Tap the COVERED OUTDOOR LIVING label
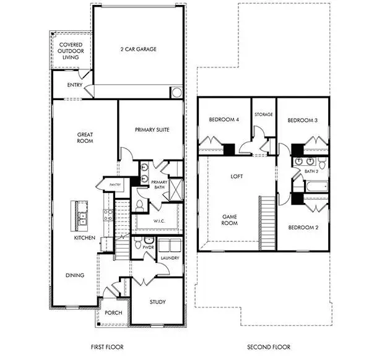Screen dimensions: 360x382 click(x=70, y=51)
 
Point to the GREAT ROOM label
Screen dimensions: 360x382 click(x=85, y=137)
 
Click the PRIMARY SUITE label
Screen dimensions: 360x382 click(x=152, y=130)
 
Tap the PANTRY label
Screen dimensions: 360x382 click(x=114, y=184)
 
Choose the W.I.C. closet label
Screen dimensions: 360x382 click(x=158, y=220)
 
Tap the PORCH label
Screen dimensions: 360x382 click(x=113, y=312)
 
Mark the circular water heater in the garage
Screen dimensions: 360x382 click(x=175, y=93)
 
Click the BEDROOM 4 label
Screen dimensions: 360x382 click(x=224, y=119)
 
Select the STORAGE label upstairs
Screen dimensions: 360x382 click(x=264, y=114)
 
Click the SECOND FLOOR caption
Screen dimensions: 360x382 click(x=269, y=347)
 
